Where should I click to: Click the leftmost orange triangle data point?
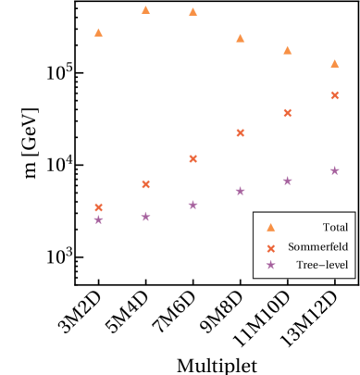coord(98,32)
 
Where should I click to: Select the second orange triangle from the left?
coord(145,10)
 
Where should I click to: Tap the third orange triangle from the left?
coord(192,12)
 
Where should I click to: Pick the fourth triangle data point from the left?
coord(240,38)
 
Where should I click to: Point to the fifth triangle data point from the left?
coord(287,50)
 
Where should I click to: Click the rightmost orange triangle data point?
coord(334,64)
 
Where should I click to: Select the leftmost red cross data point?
coord(98,207)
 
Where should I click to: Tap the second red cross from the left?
coord(145,184)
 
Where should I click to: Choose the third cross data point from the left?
coord(192,158)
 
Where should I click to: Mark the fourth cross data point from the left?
coord(240,132)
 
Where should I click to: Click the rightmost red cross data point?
coord(334,95)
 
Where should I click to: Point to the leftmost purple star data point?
coord(98,219)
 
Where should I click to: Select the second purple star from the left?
coord(145,217)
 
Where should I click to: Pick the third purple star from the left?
coord(192,205)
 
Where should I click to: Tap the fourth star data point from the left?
coord(240,191)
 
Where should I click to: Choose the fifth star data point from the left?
coord(287,181)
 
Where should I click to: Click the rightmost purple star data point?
coord(334,170)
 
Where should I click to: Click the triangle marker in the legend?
coord(270,227)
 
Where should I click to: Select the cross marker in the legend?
coord(270,248)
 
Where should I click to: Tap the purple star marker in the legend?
coord(270,265)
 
